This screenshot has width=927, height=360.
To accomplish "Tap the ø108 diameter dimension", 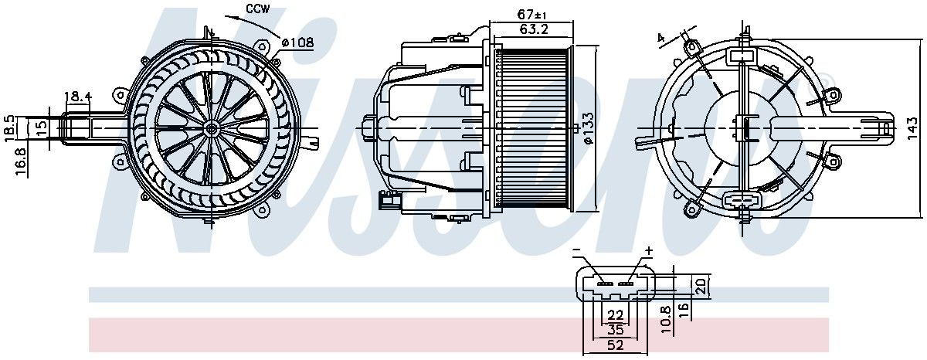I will point(297,42).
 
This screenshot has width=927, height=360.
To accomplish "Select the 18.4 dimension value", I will point(78,97).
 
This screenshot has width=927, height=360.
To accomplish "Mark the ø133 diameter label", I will point(589,128).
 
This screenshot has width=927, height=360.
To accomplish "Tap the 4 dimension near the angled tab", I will point(660,36).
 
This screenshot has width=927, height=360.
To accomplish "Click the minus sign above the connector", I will point(576,252).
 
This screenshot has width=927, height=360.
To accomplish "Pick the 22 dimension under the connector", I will point(615,315).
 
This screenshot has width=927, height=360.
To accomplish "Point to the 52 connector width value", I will point(615,345).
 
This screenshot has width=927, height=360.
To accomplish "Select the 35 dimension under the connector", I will point(615,330).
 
